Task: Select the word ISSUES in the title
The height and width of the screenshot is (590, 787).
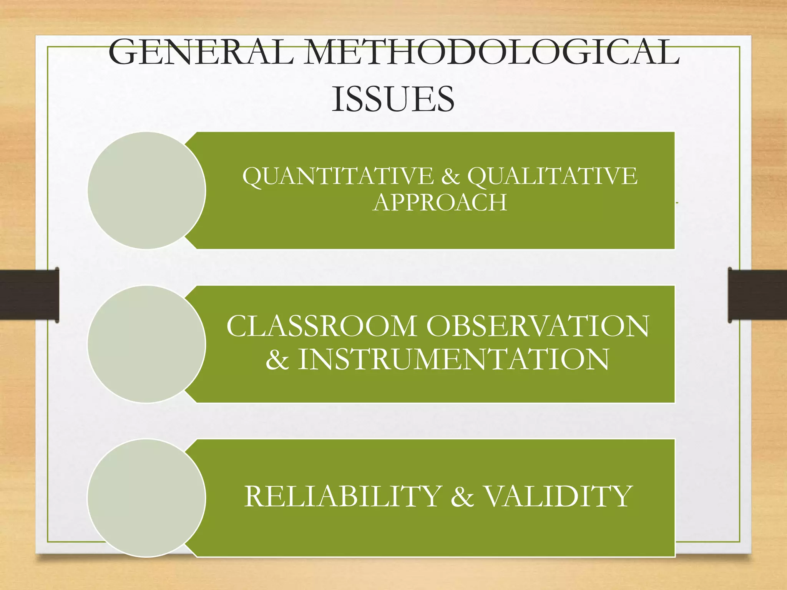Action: [x=393, y=99]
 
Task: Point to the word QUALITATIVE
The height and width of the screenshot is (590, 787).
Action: [x=552, y=176]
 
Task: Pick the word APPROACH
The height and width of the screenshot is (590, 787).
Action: [x=440, y=202]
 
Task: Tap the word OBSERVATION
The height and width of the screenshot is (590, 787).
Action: [x=538, y=326]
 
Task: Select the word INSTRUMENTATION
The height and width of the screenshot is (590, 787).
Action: [x=453, y=359]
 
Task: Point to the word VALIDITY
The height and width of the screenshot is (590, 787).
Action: [x=557, y=496]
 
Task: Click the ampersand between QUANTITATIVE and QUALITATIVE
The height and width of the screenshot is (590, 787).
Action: [x=450, y=176]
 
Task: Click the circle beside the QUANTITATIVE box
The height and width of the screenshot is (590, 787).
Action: [x=146, y=191]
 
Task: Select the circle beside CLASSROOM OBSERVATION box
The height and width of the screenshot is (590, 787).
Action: [x=146, y=344]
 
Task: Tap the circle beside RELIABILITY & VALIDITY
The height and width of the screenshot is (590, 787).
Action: [x=146, y=498]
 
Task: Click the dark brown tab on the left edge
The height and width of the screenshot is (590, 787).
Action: [x=29, y=295]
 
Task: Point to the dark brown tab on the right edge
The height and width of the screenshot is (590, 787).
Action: [x=757, y=295]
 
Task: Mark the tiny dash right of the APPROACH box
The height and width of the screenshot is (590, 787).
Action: [x=677, y=202]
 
